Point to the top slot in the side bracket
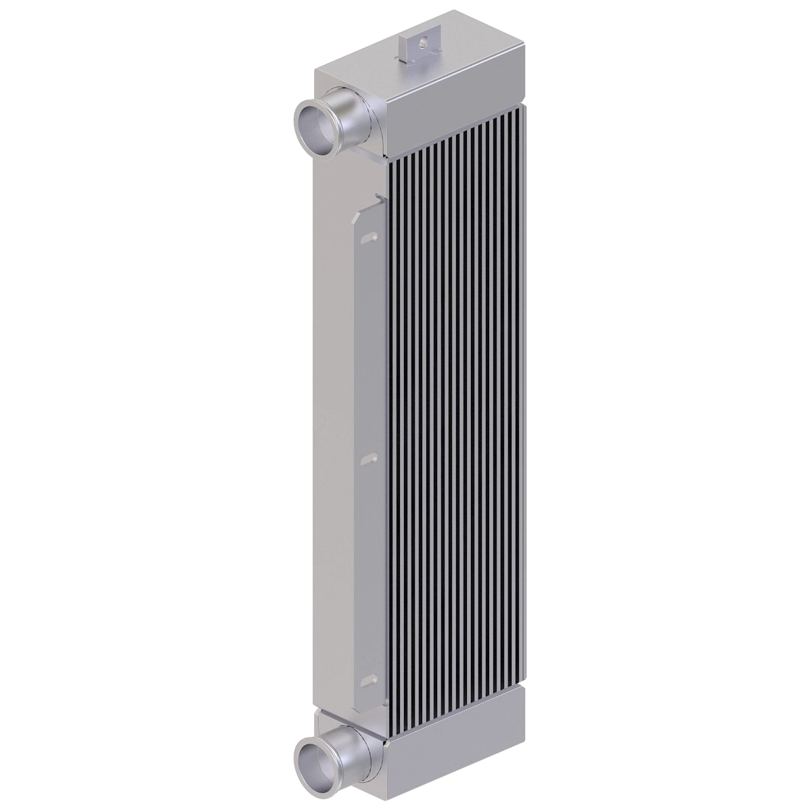369,238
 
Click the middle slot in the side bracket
369,459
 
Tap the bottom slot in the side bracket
369,679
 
